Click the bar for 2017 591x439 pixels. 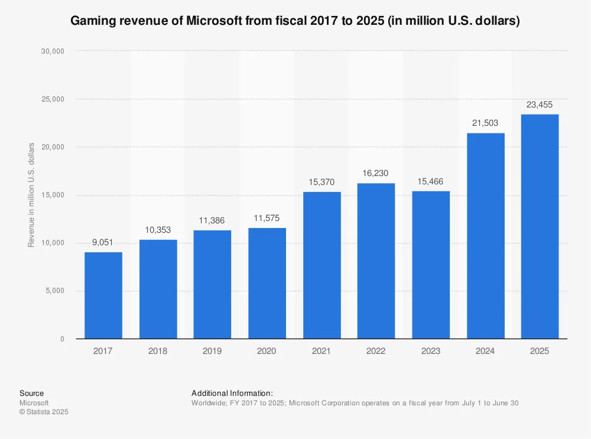(x=103, y=295)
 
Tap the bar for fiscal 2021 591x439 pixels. (x=322, y=265)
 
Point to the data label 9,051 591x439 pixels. (x=103, y=242)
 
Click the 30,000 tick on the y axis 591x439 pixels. (x=53, y=51)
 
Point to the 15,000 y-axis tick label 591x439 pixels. (x=53, y=195)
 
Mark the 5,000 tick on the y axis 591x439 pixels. (x=54, y=291)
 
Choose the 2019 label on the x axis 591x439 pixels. (x=212, y=351)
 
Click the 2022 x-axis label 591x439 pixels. (x=376, y=351)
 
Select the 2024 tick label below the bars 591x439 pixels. (x=485, y=351)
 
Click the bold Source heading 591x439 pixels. (x=31, y=393)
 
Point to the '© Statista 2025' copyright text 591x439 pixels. (x=44, y=412)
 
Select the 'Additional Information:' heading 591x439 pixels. (x=232, y=393)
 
